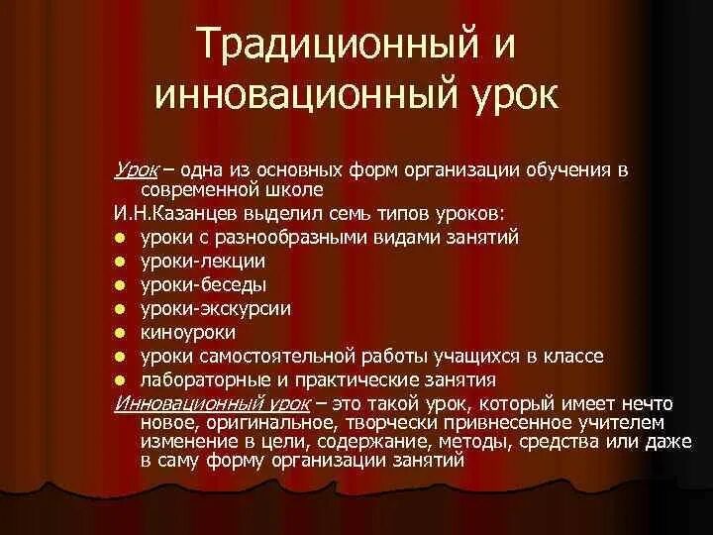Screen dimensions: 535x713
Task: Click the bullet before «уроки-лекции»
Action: click(x=120, y=262)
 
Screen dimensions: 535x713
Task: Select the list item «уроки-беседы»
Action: click(x=203, y=284)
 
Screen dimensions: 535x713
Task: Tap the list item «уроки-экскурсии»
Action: click(x=215, y=308)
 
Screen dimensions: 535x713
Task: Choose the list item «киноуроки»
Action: click(x=188, y=332)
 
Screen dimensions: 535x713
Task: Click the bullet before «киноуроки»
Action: click(x=120, y=333)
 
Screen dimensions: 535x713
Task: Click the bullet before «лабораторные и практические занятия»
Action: click(x=120, y=380)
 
